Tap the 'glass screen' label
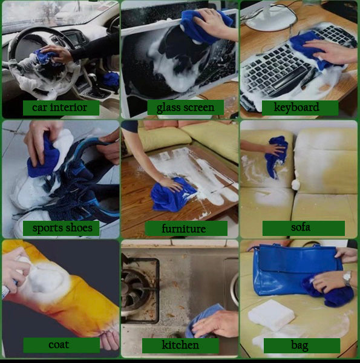(x=185, y=108)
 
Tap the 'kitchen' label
(x=180, y=345)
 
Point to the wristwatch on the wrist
(x=347, y=278)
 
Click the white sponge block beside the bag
(x=271, y=315)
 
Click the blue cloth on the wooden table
(x=172, y=195)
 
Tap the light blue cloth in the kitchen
(x=204, y=321)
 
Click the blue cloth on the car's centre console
(x=111, y=79)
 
